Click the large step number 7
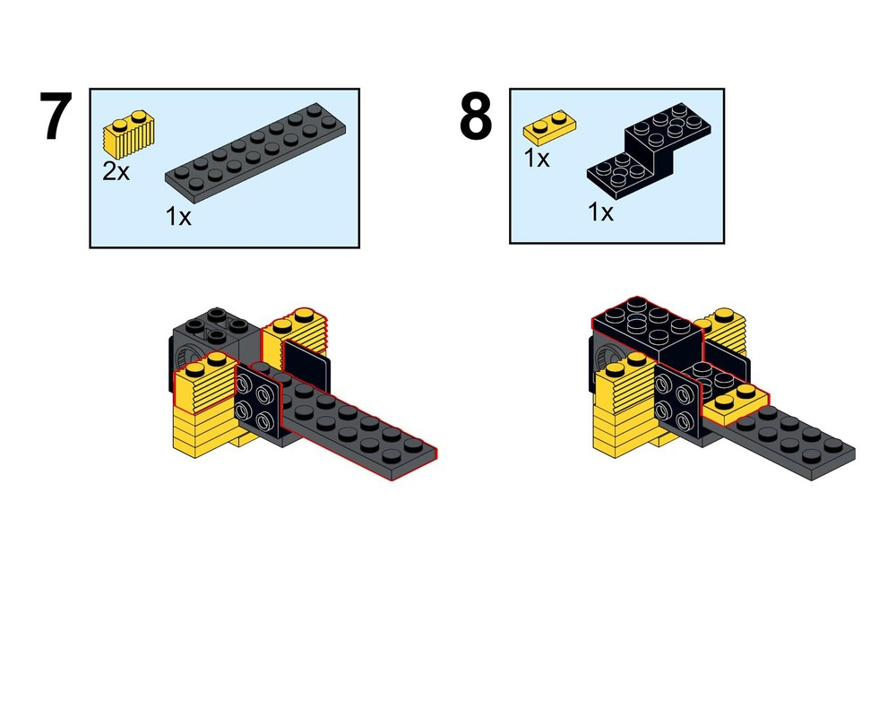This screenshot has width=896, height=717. click(56, 117)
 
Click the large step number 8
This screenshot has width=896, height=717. click(476, 117)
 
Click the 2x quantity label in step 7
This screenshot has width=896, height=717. click(116, 171)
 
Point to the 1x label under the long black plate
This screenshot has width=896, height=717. click(178, 217)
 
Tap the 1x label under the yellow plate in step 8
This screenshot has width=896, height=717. click(537, 159)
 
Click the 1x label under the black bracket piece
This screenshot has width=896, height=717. click(600, 212)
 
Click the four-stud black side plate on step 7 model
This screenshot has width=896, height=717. click(258, 402)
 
